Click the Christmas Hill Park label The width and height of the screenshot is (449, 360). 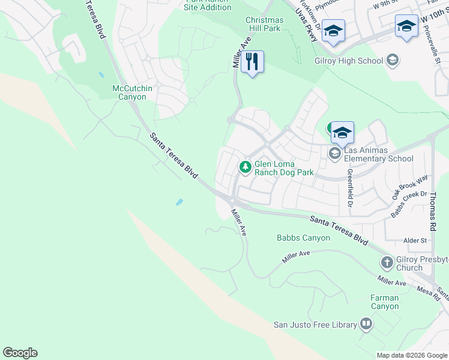(x=264, y=24)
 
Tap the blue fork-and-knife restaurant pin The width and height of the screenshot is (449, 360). (x=252, y=62)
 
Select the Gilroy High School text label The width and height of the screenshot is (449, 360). (x=349, y=61)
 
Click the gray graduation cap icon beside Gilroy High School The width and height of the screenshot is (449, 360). (x=392, y=60)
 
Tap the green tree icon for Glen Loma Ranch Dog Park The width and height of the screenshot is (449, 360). (x=245, y=167)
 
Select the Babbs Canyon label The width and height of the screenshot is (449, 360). (x=303, y=238)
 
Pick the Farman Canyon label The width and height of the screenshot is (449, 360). (x=384, y=302)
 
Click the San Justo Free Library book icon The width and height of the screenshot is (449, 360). (x=366, y=325)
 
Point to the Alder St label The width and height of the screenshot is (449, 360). (x=415, y=241)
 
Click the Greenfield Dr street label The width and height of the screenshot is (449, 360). (x=349, y=188)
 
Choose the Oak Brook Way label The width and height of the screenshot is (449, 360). (x=409, y=187)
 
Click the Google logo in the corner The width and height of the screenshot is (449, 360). (x=20, y=353)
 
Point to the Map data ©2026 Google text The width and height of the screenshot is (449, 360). (x=411, y=355)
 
